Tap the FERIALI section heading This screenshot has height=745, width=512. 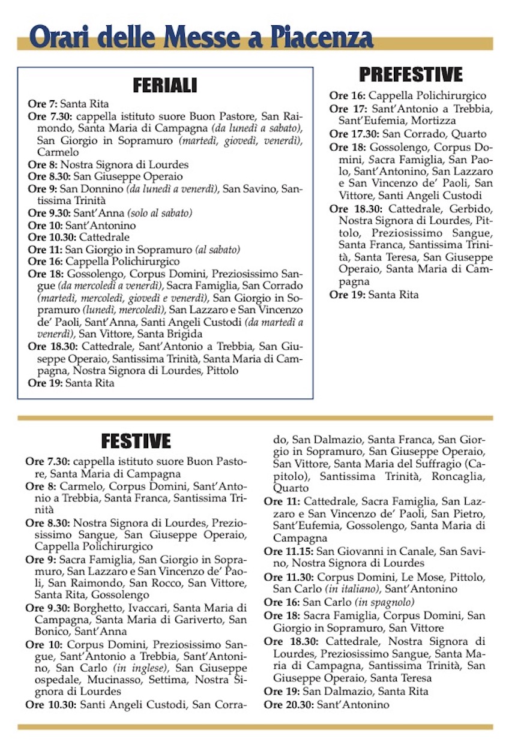(164, 85)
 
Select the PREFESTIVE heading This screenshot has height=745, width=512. (411, 74)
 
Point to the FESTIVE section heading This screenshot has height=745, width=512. (136, 441)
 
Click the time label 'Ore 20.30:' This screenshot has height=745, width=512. (289, 704)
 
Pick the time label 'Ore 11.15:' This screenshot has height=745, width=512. (289, 551)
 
